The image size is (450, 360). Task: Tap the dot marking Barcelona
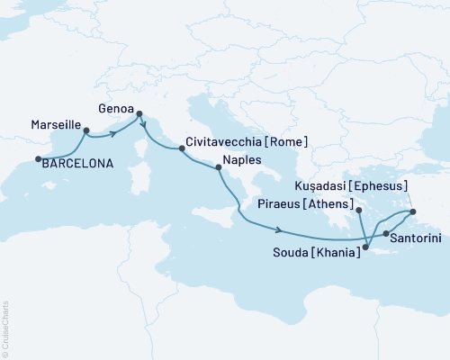click(x=38, y=159)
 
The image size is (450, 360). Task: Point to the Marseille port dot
click(x=86, y=130)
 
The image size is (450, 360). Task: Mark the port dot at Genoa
click(x=139, y=113)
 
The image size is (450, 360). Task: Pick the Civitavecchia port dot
click(x=181, y=150)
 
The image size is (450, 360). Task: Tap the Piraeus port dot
click(x=358, y=210)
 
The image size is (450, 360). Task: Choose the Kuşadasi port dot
click(x=412, y=212)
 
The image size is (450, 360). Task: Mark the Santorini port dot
click(x=386, y=234)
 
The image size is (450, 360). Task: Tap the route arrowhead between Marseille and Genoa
click(x=114, y=134)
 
